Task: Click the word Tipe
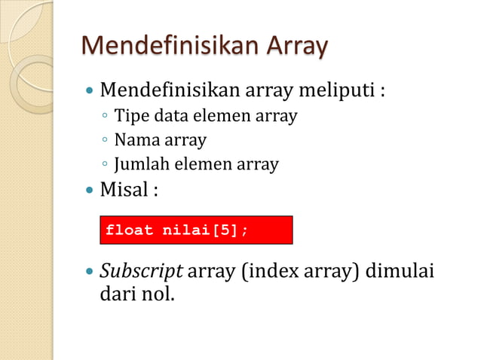click(x=128, y=117)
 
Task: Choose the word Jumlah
click(x=140, y=163)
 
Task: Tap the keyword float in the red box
click(x=130, y=230)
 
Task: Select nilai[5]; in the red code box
click(x=205, y=230)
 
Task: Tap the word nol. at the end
click(x=157, y=293)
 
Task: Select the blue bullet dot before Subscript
click(x=90, y=270)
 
